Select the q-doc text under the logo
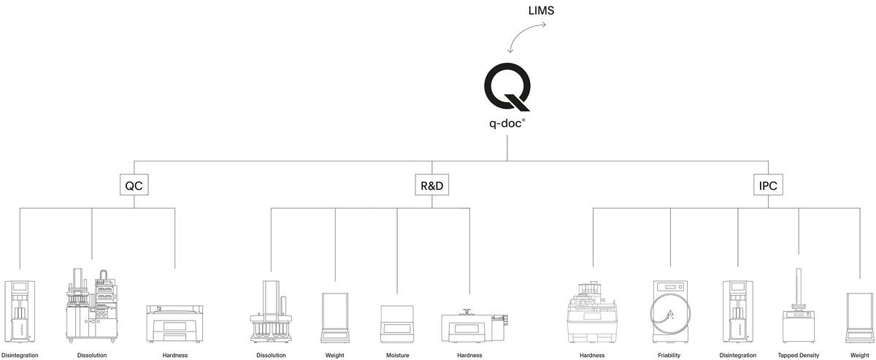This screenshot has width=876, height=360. tap(507, 123)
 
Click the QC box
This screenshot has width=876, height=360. tap(134, 185)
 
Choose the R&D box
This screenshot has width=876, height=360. tap(431, 185)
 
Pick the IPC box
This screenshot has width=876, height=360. tap(768, 185)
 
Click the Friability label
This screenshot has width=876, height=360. tap(669, 356)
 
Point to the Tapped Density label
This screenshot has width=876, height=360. tap(798, 356)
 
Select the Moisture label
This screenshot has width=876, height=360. tap(397, 356)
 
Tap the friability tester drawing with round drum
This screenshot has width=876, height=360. tap(669, 313)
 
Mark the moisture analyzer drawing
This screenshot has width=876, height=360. tap(397, 323)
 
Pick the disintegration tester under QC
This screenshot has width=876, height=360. tap(20, 312)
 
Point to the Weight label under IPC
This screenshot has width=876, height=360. tap(859, 356)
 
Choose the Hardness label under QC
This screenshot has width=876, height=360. tap(174, 356)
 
